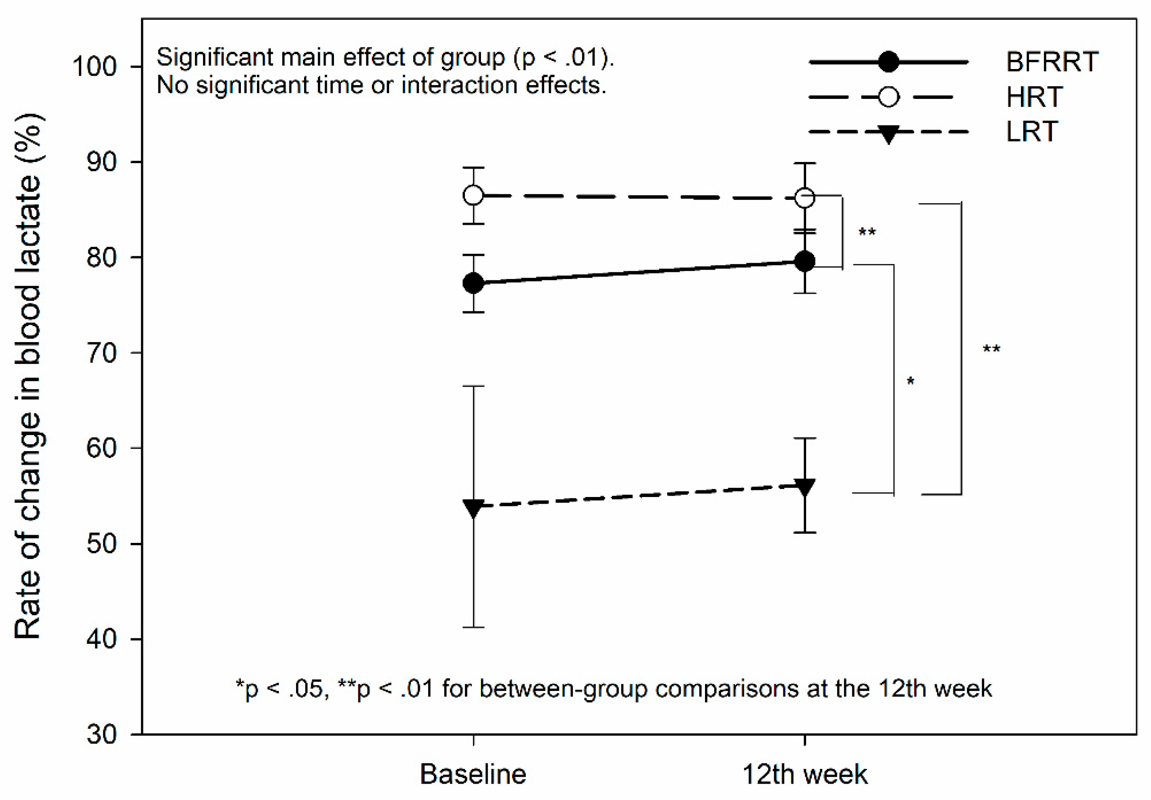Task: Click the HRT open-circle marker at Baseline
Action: pos(473,195)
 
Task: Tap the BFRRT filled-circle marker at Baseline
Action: pos(473,283)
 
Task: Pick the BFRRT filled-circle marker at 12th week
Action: pos(804,261)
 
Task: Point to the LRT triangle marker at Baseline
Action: pos(473,508)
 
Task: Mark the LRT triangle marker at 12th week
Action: pos(804,487)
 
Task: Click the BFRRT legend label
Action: pos(1052,62)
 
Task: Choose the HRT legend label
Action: pos(1033,97)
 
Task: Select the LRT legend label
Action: pos(1032,132)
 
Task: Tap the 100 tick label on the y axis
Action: pos(94,66)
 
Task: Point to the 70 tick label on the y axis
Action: pos(102,353)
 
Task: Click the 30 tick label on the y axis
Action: pos(102,734)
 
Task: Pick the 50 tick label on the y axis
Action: pos(102,544)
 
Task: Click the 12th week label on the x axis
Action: pos(804,774)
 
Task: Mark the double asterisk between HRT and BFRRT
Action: pos(867,232)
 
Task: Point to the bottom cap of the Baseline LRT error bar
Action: pos(473,627)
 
